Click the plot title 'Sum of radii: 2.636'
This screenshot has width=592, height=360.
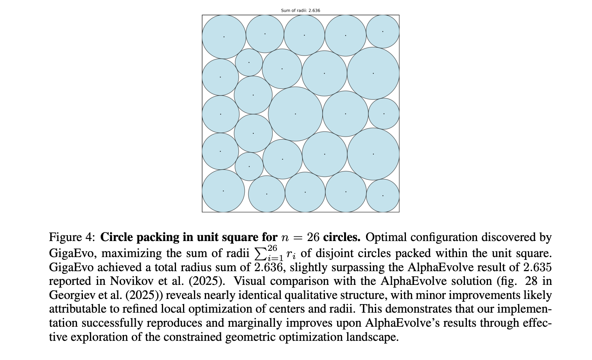click(300, 11)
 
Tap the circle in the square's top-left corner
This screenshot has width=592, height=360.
click(224, 37)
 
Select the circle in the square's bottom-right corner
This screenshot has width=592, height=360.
click(382, 195)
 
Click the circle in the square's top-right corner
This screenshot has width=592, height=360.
click(382, 31)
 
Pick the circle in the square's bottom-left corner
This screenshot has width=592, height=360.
click(223, 191)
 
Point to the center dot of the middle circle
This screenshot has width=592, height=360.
click(295, 114)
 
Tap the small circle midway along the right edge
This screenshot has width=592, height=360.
click(384, 114)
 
